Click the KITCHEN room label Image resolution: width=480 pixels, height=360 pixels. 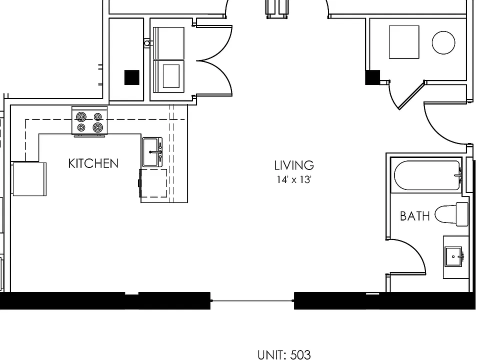click(x=93, y=163)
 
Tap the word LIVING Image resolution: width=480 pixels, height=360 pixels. click(x=294, y=165)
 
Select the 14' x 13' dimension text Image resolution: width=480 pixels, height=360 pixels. click(x=294, y=179)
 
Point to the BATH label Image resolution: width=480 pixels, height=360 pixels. click(x=415, y=216)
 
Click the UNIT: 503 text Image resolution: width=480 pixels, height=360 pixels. click(x=284, y=355)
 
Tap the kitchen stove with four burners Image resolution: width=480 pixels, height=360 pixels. click(x=89, y=120)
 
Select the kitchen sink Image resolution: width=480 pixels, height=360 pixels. click(x=152, y=152)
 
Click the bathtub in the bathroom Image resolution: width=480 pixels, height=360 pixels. click(x=427, y=175)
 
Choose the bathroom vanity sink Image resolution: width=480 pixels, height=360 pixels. click(x=453, y=256)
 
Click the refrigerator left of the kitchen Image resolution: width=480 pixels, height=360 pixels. click(x=29, y=179)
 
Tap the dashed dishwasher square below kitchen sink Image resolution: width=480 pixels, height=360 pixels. click(x=153, y=183)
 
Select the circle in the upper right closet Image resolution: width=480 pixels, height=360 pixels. click(x=443, y=42)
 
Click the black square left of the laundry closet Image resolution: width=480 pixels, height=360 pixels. click(x=132, y=77)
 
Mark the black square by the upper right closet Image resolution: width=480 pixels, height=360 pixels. click(x=372, y=77)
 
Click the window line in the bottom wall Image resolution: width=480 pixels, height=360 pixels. click(x=252, y=301)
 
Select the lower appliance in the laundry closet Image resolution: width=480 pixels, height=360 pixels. click(x=168, y=76)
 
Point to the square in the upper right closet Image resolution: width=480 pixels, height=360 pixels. click(x=404, y=42)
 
